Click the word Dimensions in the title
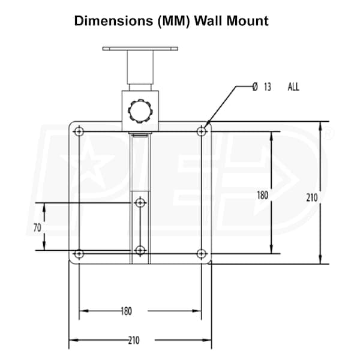coord(113,21)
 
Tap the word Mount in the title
coord(247,21)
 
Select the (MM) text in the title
coord(174,22)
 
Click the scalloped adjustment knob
coord(140,111)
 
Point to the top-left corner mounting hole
coord(79,131)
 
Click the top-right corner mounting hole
coord(202,131)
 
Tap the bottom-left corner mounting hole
coord(79,254)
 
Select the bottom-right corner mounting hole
coord(202,254)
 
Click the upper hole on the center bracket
coord(140,203)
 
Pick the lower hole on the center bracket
coord(140,250)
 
